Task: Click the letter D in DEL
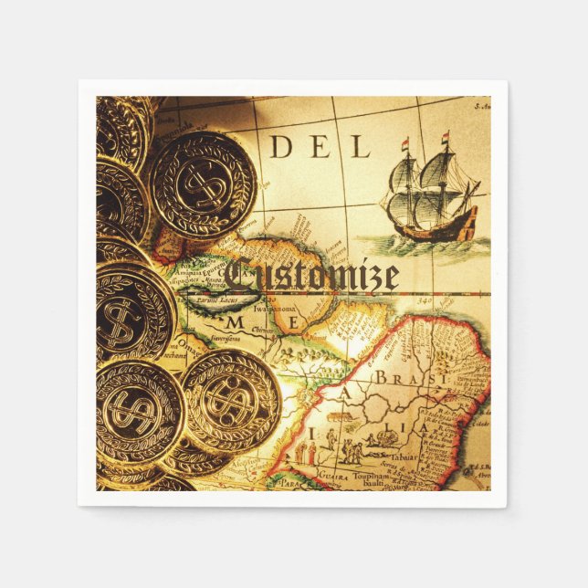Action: (x=281, y=146)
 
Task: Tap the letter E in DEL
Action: (x=320, y=146)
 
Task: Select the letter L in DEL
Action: (x=360, y=146)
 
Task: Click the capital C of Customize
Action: (x=239, y=274)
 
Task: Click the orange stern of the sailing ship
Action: (x=467, y=222)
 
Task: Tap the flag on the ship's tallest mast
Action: (x=446, y=139)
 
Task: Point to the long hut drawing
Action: (x=383, y=437)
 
